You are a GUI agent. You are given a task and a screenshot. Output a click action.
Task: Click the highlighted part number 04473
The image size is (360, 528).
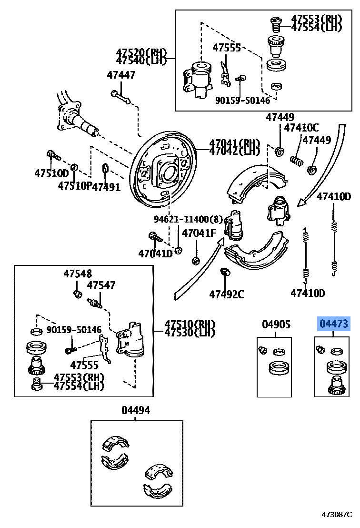click(x=334, y=325)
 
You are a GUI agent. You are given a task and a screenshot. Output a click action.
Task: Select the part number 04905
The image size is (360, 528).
click(x=276, y=325)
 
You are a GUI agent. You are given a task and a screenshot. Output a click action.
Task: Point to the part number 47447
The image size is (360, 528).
click(x=121, y=75)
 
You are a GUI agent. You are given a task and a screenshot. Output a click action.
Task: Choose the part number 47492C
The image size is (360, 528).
click(x=226, y=294)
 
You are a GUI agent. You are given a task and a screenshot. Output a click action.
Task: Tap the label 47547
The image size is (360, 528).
click(x=101, y=285)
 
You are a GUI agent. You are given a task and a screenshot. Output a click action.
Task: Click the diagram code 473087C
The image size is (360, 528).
click(x=339, y=515)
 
